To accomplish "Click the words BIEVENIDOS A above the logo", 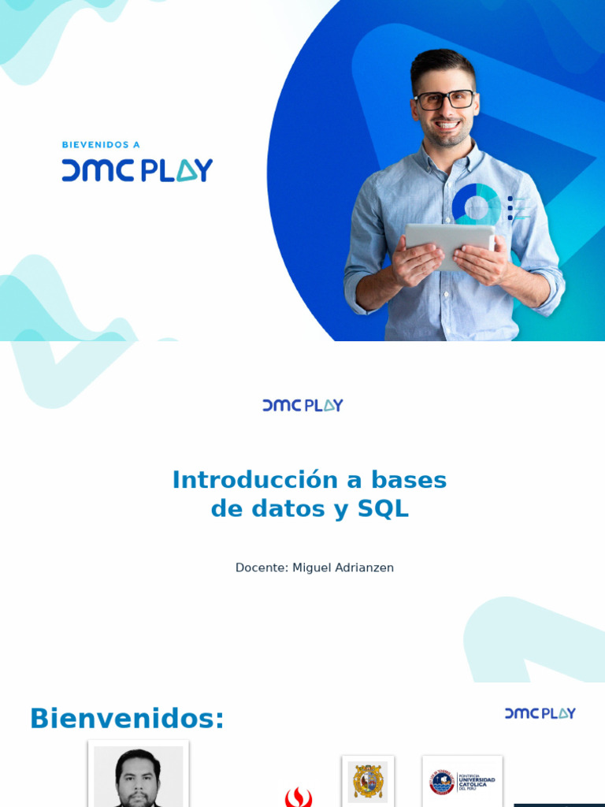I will coord(101,145).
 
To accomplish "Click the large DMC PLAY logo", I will coord(137,170).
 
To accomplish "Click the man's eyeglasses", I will coord(444,100).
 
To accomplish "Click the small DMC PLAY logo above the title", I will coord(302,405).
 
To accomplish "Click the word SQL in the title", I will coord(384,509).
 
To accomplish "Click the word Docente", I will coord(261,567).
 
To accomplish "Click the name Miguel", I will coord(313,567).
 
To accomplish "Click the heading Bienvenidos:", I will coord(127,719).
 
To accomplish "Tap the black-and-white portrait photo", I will coord(139,776).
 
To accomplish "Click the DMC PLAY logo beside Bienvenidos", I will coord(540,713).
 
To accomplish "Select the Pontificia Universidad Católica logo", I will coord(462,782).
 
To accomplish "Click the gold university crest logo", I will coord(368,781).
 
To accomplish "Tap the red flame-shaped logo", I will coord(299,798).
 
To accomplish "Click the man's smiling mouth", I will coord(447,125).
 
